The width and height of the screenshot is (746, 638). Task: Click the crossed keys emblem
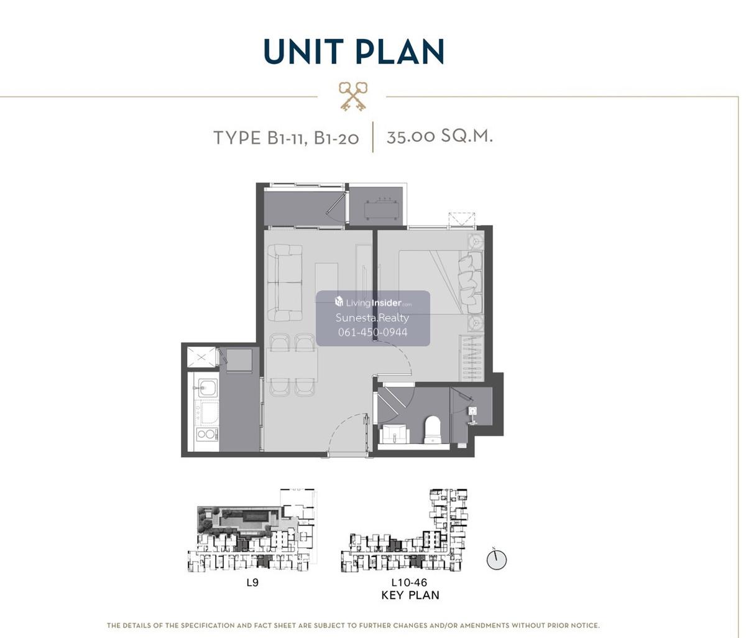(352, 96)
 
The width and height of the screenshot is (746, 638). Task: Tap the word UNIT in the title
(303, 51)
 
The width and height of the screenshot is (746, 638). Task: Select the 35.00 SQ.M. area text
(440, 136)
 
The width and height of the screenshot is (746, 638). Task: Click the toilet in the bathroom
(433, 430)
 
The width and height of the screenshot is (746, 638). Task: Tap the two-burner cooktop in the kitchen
(207, 433)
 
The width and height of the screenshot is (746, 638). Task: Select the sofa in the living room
(285, 283)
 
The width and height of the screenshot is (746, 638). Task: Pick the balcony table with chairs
(382, 209)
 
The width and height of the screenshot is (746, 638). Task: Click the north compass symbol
(497, 560)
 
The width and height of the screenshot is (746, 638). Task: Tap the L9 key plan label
(252, 583)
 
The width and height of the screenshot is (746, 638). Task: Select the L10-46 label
(409, 583)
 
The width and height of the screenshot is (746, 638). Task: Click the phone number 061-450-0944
(373, 332)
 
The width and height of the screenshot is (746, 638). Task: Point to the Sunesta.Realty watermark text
(372, 318)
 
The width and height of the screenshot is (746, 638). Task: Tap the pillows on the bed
(470, 282)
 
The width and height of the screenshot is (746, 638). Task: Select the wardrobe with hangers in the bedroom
(471, 358)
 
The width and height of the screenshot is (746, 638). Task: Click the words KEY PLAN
(410, 595)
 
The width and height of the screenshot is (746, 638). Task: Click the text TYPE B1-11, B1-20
(286, 138)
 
